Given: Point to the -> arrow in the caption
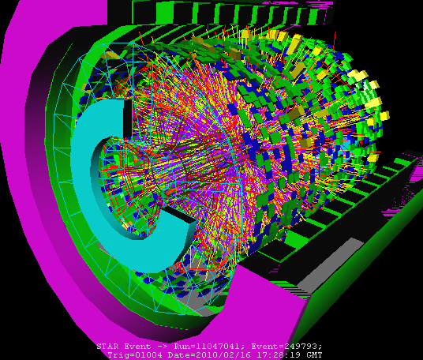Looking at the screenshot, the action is (163, 347).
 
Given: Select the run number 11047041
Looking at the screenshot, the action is (218, 347).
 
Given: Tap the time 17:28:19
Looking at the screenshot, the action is (278, 354).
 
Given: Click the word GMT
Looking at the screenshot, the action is (313, 354).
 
